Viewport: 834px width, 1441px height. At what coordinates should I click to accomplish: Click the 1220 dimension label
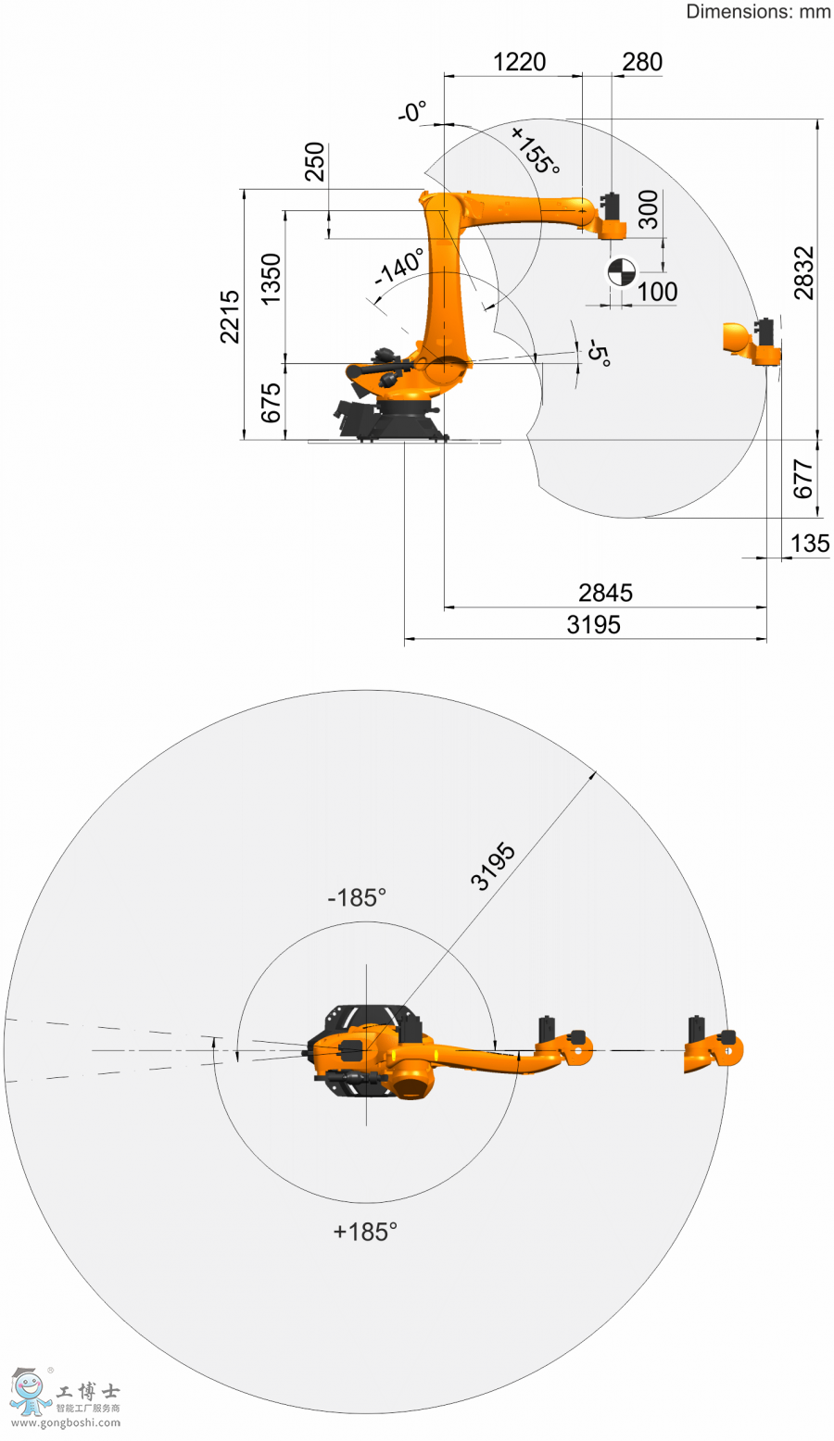(519, 62)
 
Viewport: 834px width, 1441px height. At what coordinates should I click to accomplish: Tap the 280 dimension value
(642, 62)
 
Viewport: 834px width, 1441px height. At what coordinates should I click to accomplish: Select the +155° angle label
(536, 150)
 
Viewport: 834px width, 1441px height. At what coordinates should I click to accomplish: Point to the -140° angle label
(400, 267)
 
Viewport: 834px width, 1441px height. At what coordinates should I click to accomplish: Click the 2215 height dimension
(230, 317)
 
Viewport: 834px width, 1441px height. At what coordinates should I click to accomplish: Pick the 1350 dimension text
(271, 279)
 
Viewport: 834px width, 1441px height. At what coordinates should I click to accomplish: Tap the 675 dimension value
(271, 404)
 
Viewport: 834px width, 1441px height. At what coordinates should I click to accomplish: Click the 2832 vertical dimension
(803, 273)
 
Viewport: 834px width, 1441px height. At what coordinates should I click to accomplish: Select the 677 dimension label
(802, 480)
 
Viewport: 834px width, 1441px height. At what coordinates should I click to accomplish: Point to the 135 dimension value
(810, 544)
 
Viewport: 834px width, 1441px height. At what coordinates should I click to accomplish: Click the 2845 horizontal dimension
(605, 593)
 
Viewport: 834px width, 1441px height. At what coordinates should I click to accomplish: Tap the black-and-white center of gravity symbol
(622, 272)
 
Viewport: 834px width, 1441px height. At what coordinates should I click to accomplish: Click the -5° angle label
(600, 353)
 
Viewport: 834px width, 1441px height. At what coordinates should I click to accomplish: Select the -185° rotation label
(357, 897)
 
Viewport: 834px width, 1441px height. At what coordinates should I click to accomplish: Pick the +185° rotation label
(365, 1232)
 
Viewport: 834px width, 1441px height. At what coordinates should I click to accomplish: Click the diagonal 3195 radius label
(493, 867)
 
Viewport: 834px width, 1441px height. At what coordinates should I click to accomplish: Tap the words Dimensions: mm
(759, 12)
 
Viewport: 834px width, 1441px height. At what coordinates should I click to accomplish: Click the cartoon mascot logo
(29, 1393)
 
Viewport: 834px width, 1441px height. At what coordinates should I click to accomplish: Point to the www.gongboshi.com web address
(66, 1423)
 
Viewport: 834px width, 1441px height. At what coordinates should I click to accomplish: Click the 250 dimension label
(314, 161)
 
